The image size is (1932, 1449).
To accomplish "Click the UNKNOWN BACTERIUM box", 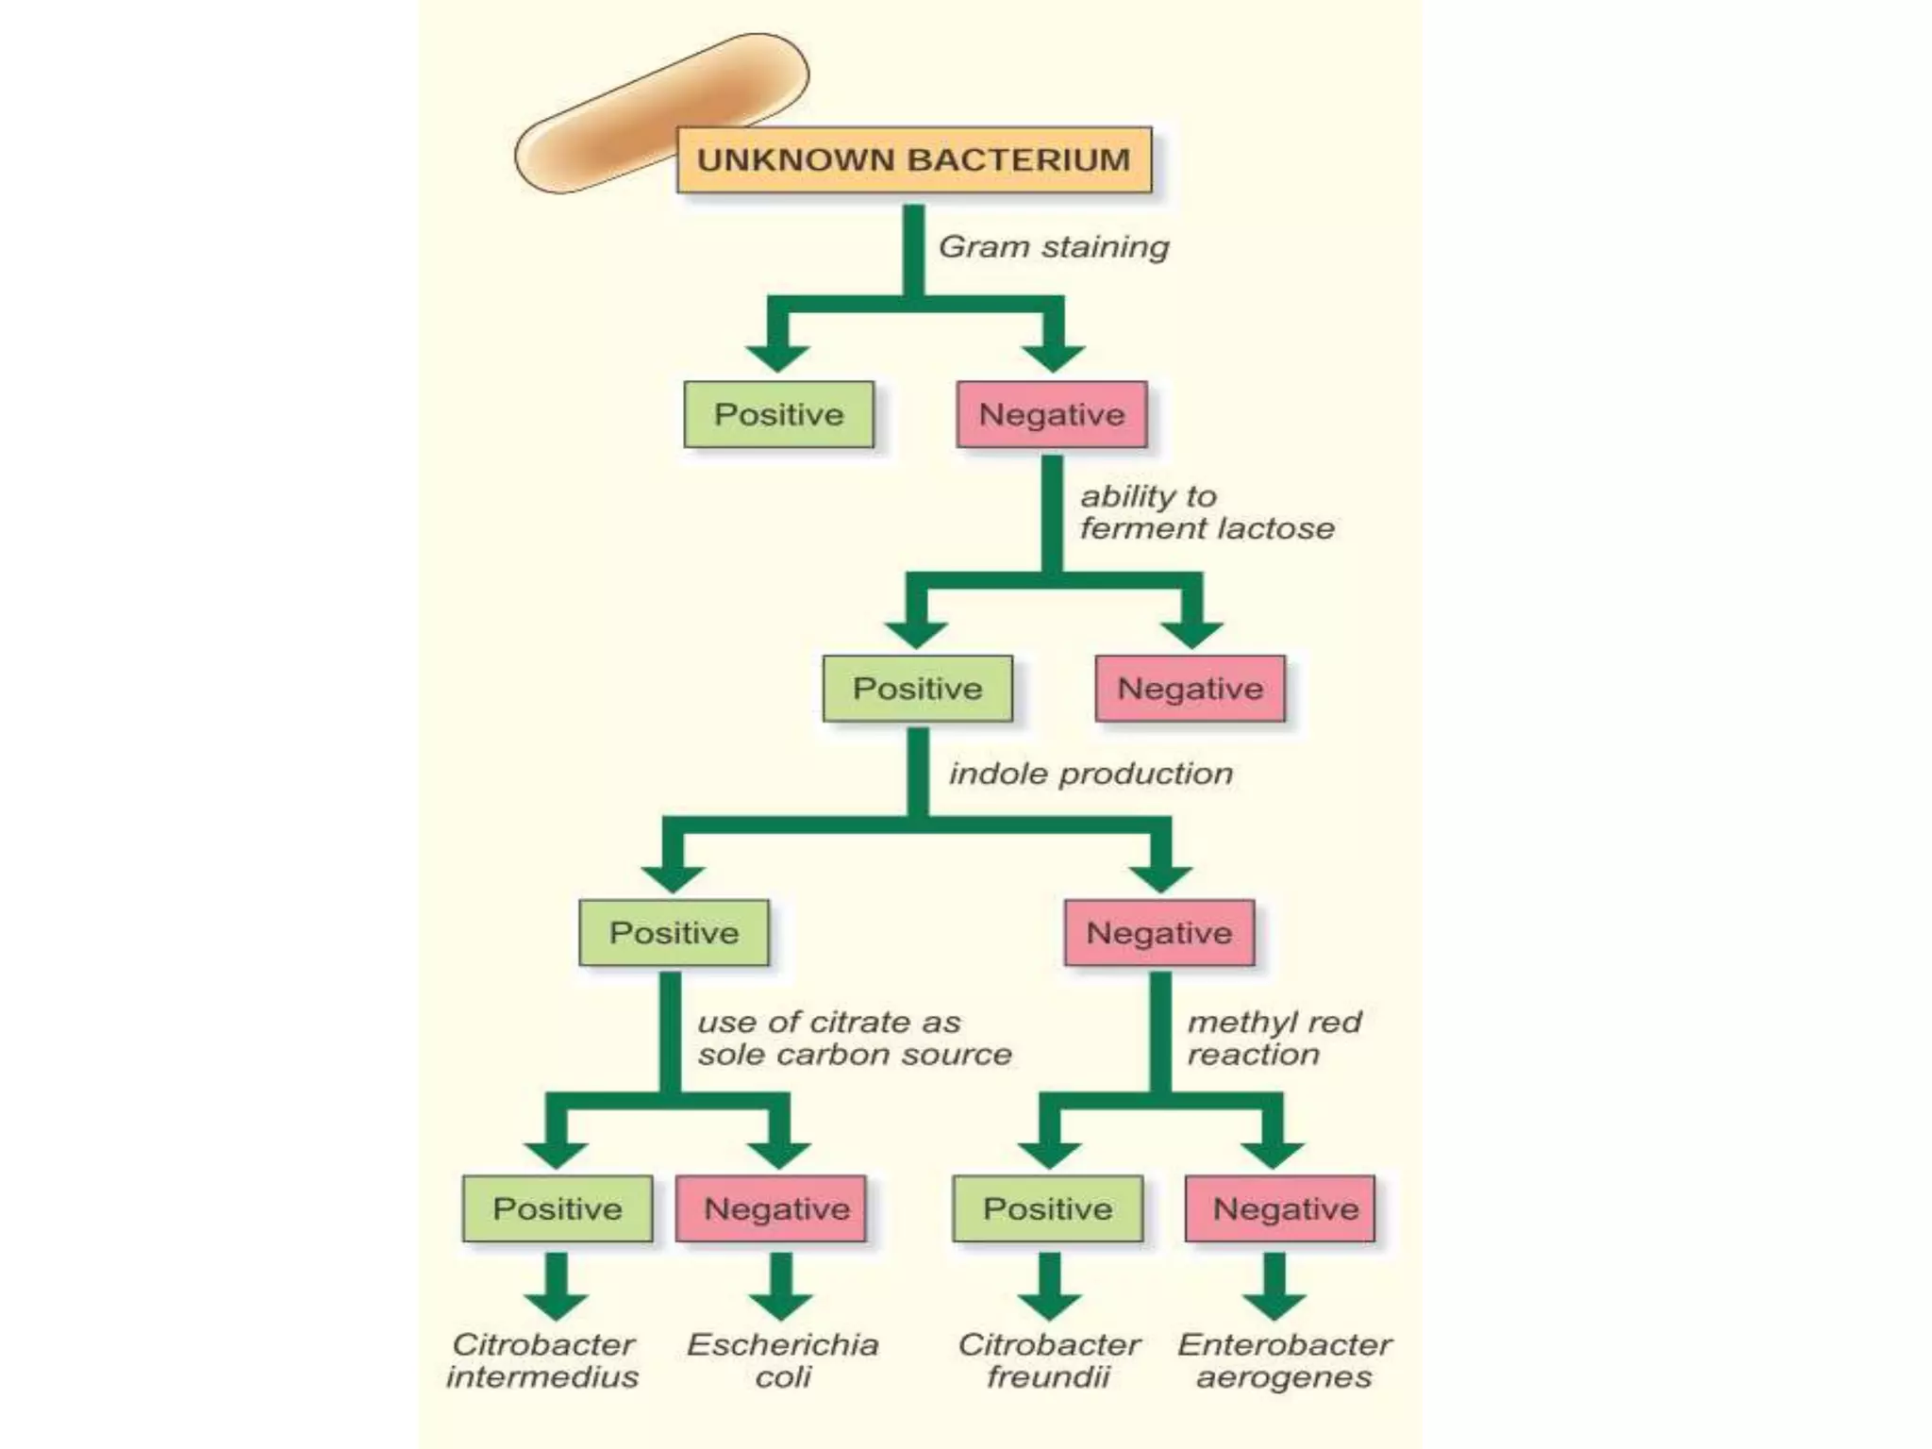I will coord(913,159).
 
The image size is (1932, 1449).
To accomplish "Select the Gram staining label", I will coord(1053,247).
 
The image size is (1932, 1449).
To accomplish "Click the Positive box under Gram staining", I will coord(778,414).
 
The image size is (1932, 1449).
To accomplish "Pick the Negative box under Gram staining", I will coord(1051,414).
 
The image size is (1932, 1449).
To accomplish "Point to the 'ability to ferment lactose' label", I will coord(1206,512).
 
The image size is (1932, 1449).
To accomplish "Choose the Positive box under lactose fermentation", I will coord(917,689).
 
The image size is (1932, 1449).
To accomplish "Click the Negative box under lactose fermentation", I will coord(1190,689).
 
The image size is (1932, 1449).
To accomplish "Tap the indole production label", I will coord(1091,774).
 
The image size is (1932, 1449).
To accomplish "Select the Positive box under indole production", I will coord(674,933).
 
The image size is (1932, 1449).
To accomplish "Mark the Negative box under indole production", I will coord(1158,933).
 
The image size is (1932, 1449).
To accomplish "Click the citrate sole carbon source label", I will coord(854,1038).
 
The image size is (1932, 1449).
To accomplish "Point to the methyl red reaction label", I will coord(1274,1038).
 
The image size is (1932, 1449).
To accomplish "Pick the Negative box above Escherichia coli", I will coord(775,1208).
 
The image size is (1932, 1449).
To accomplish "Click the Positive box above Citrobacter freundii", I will coord(1047,1208).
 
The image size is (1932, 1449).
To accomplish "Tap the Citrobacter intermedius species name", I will coord(542,1360).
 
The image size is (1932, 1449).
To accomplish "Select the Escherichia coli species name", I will coord(782,1360).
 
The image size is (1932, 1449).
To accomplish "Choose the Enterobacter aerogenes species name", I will coord(1284,1360).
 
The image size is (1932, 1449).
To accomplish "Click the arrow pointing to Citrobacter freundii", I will coord(1049,1287).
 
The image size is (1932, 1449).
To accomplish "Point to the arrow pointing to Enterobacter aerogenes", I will coord(1274,1287).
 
